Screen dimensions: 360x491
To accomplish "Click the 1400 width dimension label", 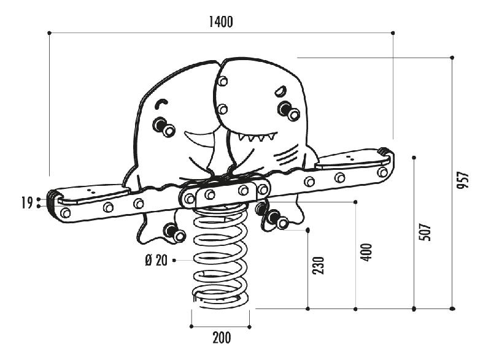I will click(221, 22).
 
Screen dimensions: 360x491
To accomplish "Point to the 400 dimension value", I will click(366, 251).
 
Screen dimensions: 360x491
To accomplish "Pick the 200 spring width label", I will click(221, 337).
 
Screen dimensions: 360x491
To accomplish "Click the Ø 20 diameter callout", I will click(156, 260).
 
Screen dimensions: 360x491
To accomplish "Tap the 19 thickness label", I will click(26, 203).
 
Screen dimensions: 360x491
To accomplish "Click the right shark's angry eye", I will click(280, 91).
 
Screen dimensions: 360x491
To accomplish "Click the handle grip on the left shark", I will click(164, 127).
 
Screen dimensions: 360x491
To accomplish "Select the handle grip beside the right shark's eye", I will click(288, 110).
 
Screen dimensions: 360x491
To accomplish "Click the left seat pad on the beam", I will click(92, 195).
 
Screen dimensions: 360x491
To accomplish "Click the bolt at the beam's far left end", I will click(65, 213).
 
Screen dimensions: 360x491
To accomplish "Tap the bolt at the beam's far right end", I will click(383, 172).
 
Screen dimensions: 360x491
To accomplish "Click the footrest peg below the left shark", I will click(174, 232).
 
